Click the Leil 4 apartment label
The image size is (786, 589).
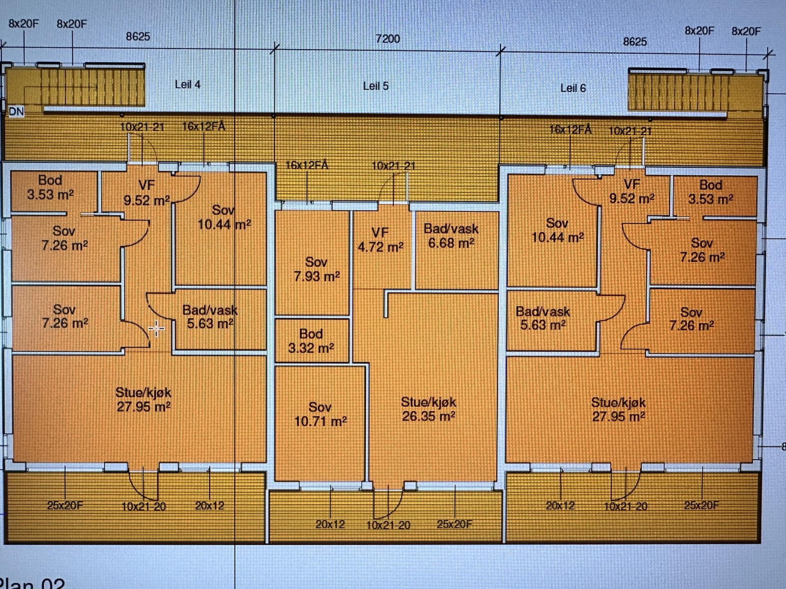(187, 84)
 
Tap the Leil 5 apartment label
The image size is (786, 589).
(375, 86)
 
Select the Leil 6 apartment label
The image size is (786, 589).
(573, 88)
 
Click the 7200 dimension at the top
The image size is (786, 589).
(387, 39)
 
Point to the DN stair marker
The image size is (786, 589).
(16, 111)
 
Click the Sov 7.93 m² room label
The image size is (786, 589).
(316, 269)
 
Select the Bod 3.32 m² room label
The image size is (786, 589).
(311, 341)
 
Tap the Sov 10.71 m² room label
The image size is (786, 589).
(320, 414)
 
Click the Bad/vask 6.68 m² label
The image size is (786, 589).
(451, 236)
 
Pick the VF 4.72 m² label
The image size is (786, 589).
(380, 240)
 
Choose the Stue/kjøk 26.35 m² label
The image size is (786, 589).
(428, 409)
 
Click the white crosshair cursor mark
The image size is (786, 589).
(156, 328)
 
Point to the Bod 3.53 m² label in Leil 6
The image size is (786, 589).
(710, 192)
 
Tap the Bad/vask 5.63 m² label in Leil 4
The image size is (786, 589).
(210, 317)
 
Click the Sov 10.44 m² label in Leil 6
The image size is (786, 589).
(557, 230)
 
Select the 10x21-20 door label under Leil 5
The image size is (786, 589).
(388, 525)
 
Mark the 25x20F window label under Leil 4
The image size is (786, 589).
(65, 506)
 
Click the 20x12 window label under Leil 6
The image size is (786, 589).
(560, 506)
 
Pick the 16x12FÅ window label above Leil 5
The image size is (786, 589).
(307, 165)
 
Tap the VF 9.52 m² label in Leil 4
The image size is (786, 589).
(147, 193)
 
